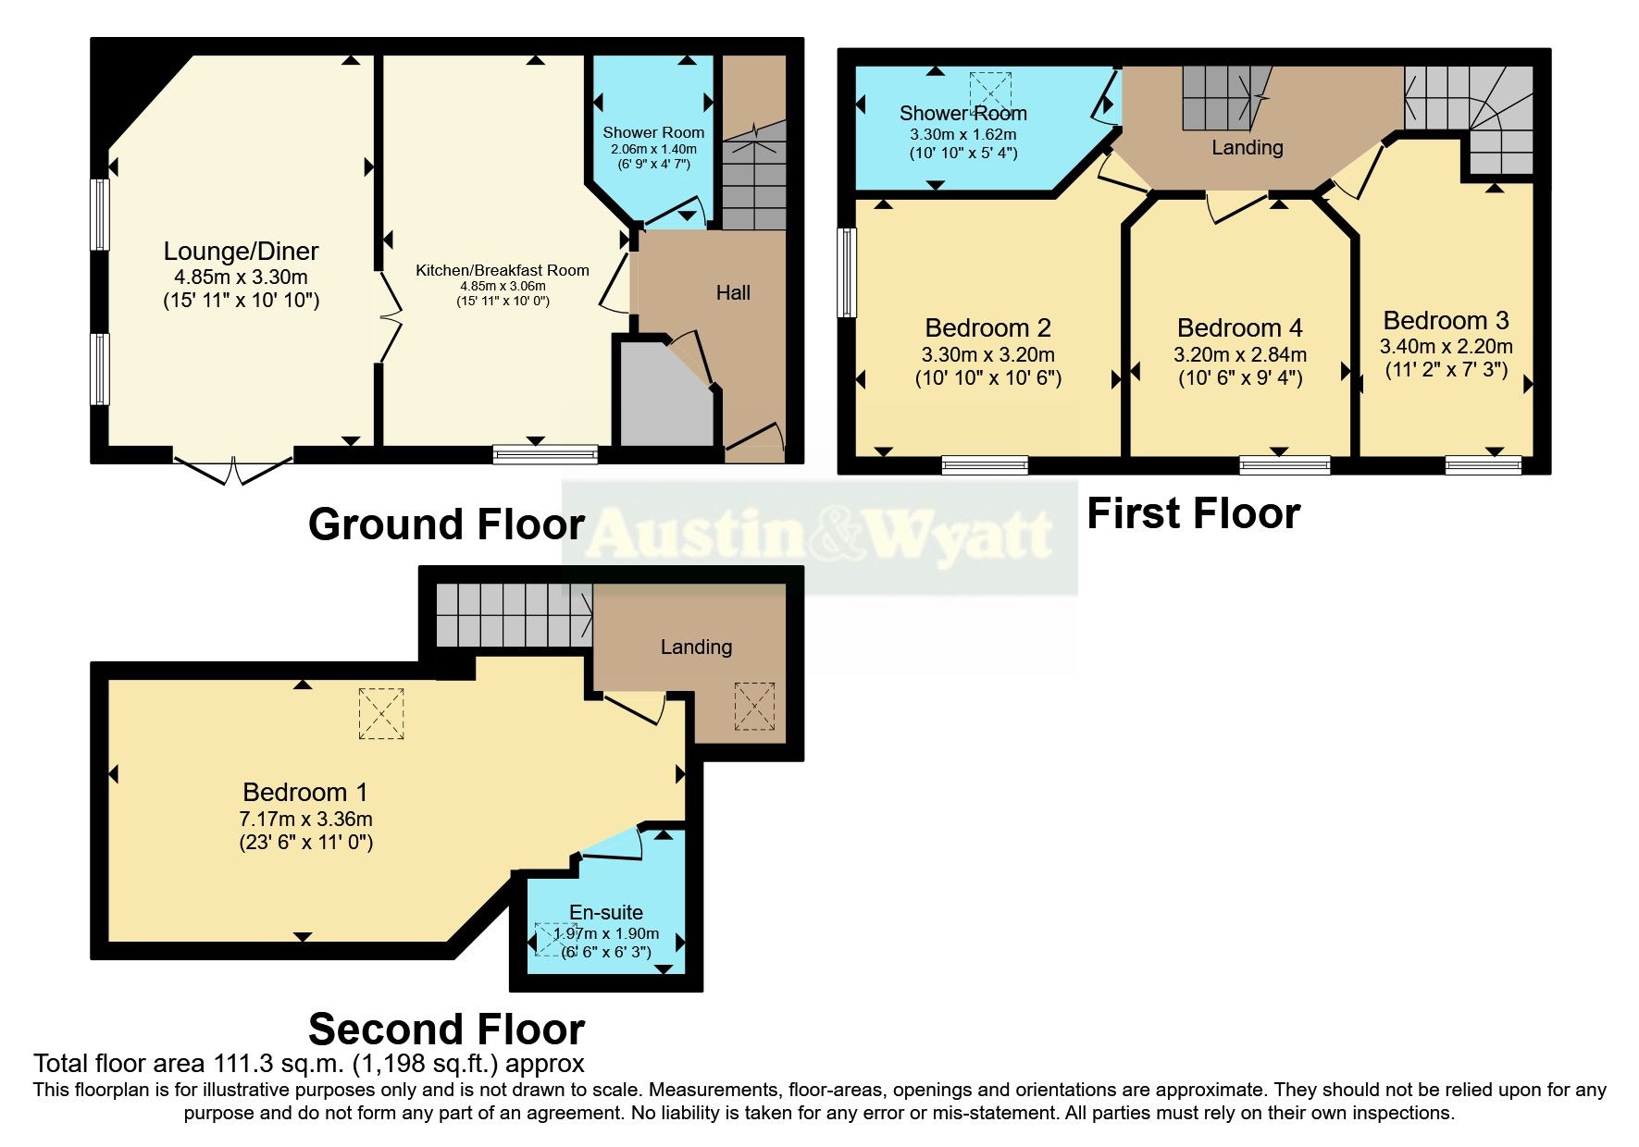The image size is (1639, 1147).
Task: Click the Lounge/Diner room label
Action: pos(241,251)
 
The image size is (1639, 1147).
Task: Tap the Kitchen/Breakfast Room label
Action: pos(503,270)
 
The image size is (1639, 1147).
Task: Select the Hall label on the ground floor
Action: pos(733,293)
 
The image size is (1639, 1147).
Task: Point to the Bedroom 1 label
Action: pos(305,792)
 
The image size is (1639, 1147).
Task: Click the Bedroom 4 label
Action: pos(1240,327)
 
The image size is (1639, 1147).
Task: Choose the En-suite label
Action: pos(606,912)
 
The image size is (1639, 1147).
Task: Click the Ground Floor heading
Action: pos(446,524)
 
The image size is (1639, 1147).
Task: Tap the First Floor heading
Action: pos(1193,512)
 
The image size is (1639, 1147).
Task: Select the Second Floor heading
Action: pos(446,1029)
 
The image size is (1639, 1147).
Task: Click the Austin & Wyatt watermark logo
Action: pos(820,536)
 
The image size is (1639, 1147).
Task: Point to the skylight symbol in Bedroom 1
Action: pos(381,712)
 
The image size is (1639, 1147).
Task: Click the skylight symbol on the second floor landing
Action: pos(754,707)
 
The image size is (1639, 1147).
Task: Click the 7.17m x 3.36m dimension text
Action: pos(305,819)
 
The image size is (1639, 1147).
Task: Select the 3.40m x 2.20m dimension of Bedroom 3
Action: pos(1447,347)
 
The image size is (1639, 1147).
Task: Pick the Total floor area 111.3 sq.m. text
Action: pos(308,1063)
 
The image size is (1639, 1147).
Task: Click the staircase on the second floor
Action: pos(514,615)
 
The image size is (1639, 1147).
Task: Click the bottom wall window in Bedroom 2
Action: pos(985,464)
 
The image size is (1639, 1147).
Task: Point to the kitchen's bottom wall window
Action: pos(545,453)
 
